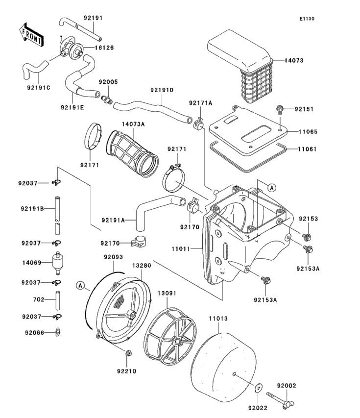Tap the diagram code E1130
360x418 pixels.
tap(307, 19)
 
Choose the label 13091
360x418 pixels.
tap(168, 294)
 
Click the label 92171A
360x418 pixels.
tap(201, 103)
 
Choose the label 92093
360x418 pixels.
tap(113, 257)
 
